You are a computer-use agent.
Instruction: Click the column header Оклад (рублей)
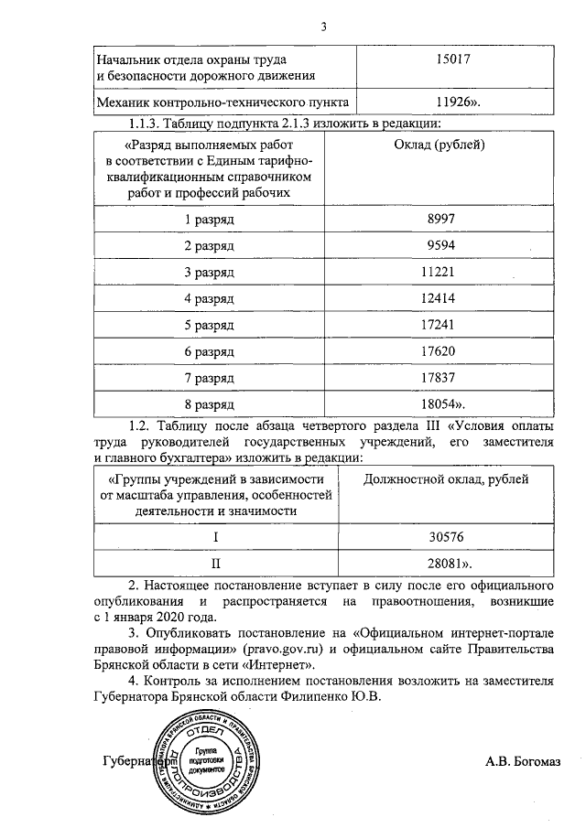tap(447, 144)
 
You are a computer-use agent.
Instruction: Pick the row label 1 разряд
tap(210, 220)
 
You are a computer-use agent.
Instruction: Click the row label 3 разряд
tap(210, 272)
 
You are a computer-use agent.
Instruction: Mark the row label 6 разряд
tap(210, 350)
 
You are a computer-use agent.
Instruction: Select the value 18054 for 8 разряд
tap(449, 403)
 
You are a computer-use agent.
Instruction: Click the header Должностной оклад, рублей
tap(446, 478)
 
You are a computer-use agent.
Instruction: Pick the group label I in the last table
tap(216, 537)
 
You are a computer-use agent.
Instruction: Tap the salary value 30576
tap(447, 537)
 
